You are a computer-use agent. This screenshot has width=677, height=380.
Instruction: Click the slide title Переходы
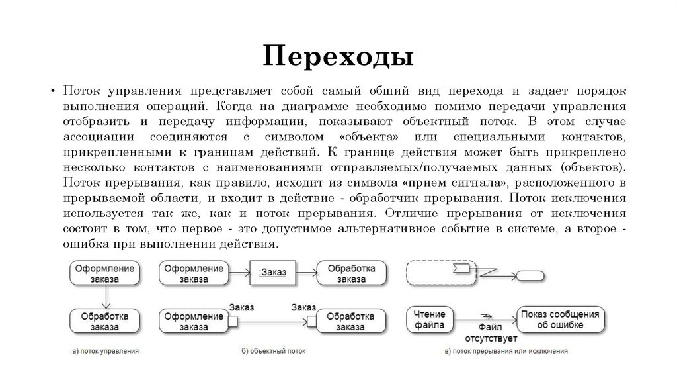pyautogui.click(x=338, y=56)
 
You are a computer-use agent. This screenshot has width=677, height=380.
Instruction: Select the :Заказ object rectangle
pyautogui.click(x=272, y=273)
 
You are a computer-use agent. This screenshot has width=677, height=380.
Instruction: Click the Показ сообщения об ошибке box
pyautogui.click(x=560, y=320)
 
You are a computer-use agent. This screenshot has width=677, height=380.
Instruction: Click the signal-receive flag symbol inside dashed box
pyautogui.click(x=462, y=268)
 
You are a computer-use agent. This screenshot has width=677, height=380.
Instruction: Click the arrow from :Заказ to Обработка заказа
pyautogui.click(x=305, y=273)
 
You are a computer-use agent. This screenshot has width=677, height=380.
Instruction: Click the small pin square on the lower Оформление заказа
pyautogui.click(x=228, y=321)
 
